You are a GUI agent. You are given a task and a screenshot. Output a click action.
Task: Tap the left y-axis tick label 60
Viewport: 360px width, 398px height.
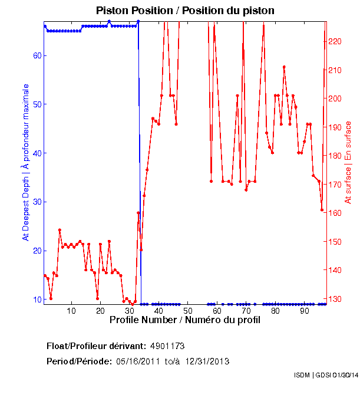[35, 55]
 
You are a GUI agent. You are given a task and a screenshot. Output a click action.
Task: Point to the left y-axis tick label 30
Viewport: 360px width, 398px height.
[35, 202]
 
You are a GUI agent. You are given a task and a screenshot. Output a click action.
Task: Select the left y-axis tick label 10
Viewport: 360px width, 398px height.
[35, 300]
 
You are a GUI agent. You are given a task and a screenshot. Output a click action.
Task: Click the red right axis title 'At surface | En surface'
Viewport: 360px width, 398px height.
[348, 163]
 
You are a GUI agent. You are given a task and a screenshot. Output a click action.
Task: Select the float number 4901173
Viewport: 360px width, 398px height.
[168, 346]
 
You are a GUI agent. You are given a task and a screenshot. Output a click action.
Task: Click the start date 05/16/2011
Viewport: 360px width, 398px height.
[138, 361]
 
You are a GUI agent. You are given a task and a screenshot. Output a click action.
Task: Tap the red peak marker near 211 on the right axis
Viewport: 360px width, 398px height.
[284, 67]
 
